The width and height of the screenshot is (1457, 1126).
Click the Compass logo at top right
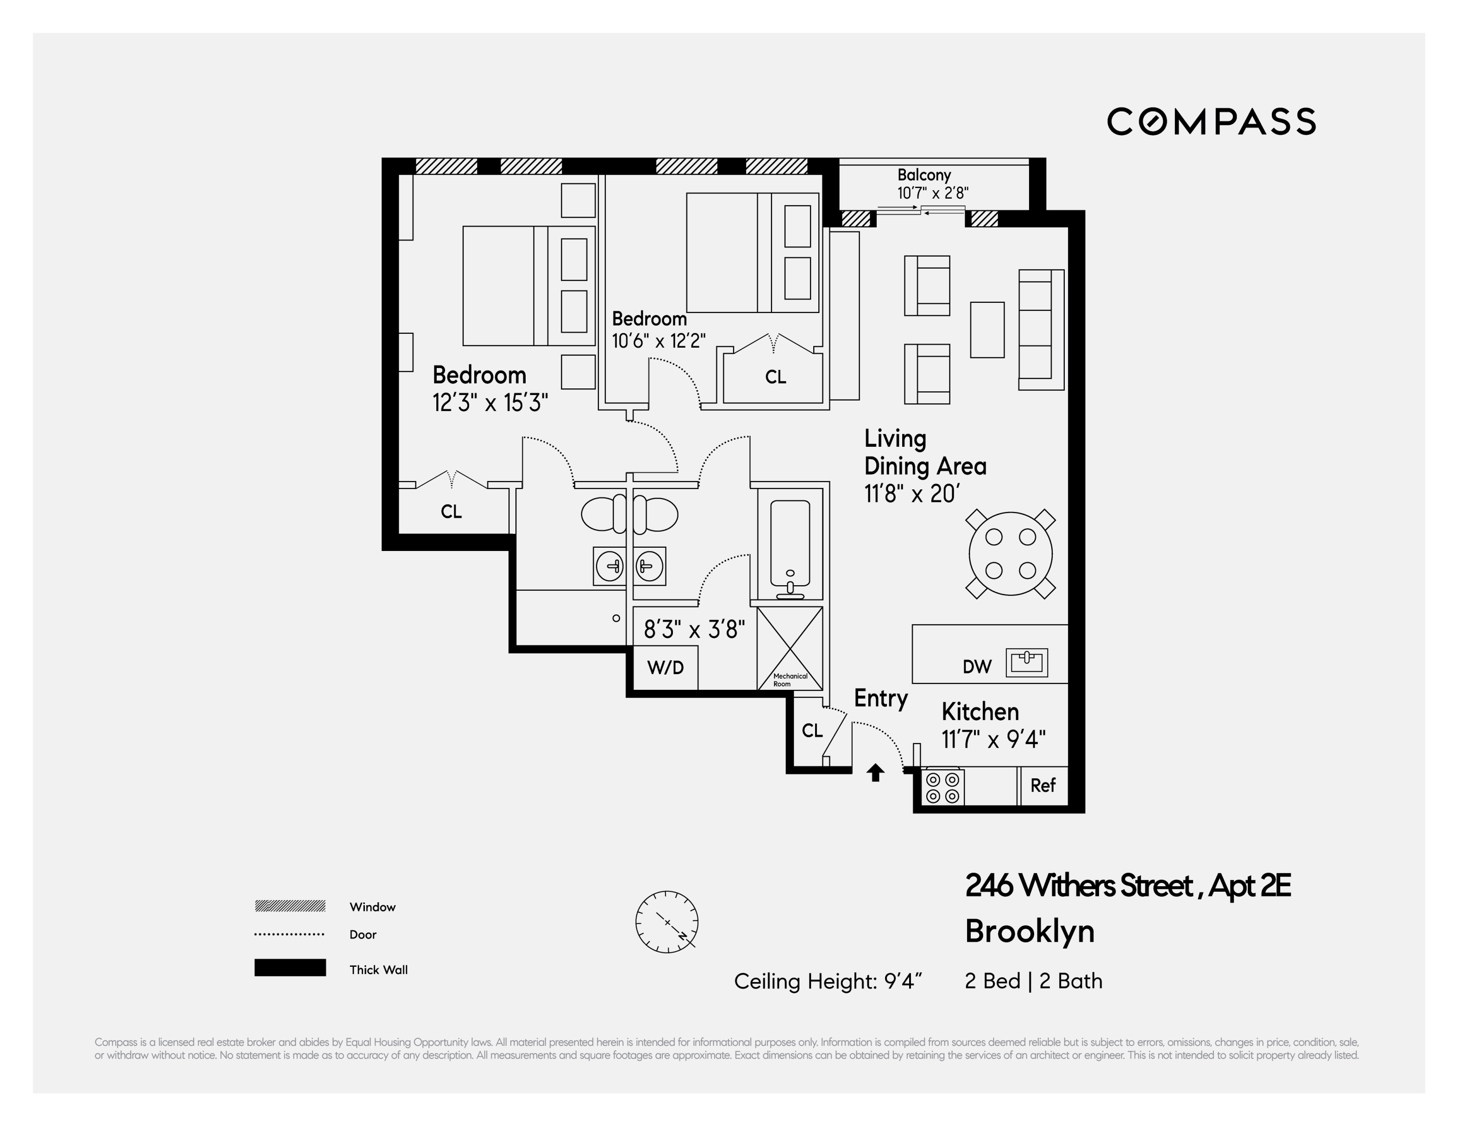1211,121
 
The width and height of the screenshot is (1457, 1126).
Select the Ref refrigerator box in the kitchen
1043,786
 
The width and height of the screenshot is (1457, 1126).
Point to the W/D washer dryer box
665,668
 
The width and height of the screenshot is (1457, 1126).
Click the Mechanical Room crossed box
790,648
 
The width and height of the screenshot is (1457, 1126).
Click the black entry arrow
875,772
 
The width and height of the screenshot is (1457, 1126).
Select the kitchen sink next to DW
1026,663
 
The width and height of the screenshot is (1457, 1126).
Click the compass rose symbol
667,922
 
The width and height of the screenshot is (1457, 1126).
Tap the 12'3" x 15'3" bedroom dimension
490,403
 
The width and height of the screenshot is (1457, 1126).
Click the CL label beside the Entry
812,731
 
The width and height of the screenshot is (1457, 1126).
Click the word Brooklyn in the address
1030,931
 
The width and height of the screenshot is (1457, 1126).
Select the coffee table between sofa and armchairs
986,330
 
